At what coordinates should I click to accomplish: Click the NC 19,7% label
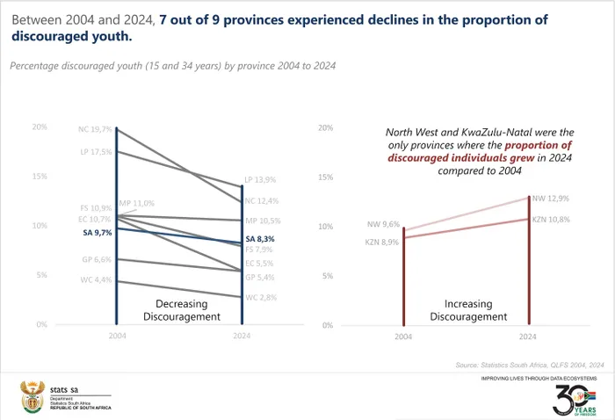[95, 129]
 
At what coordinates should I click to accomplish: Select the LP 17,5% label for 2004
[95, 152]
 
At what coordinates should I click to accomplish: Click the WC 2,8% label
[261, 298]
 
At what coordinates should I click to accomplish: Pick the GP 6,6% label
[95, 260]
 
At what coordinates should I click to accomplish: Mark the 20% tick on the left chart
[40, 127]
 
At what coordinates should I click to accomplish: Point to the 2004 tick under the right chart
[402, 337]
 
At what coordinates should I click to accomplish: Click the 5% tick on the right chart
[327, 275]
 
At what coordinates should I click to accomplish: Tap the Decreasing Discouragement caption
[182, 310]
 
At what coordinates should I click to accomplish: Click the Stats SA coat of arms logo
[32, 397]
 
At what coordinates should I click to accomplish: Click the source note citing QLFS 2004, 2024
[530, 364]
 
